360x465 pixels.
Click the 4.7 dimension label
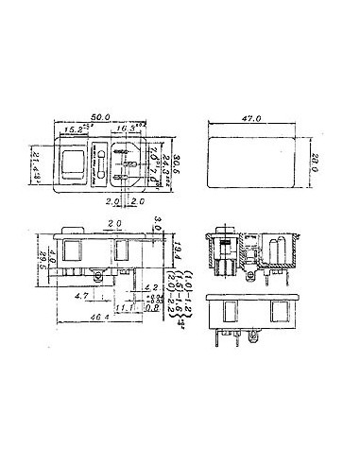(82, 295)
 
